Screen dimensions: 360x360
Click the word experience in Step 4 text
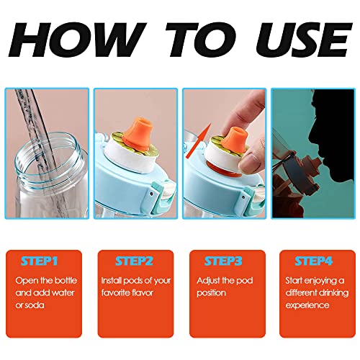312,305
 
